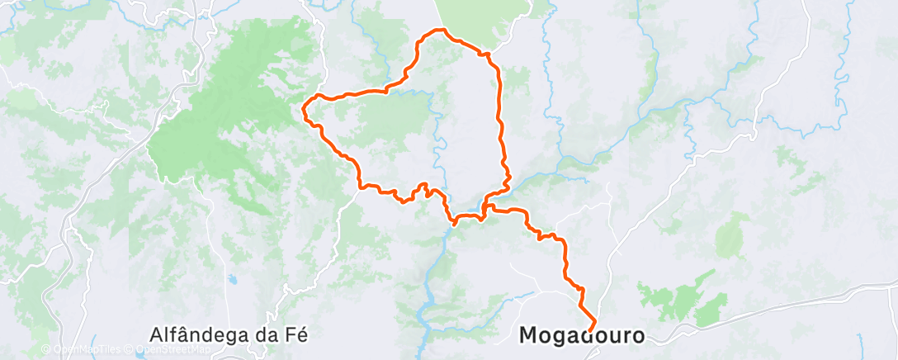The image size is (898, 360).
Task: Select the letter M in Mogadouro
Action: coord(529,336)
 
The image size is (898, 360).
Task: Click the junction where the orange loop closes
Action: coord(485,206)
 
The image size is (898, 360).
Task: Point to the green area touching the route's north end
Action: coord(483,21)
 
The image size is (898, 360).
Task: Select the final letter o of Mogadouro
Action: coord(636,336)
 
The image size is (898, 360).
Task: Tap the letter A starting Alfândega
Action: coord(158,334)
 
